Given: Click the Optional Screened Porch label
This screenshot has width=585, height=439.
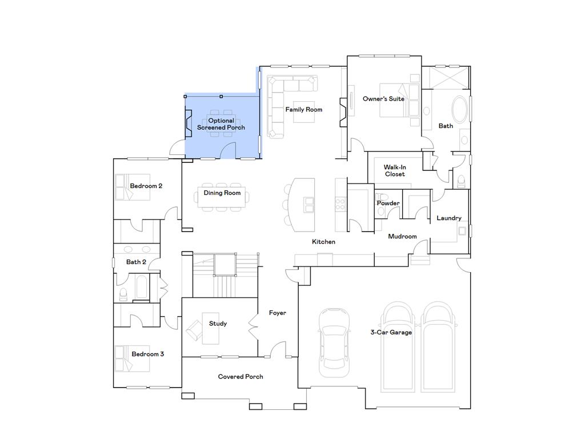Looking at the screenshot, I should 221,124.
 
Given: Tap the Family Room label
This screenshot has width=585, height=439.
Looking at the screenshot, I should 304,109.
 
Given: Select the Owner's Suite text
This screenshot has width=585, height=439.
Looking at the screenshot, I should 383,99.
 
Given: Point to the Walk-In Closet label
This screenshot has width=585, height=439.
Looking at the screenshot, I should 394,171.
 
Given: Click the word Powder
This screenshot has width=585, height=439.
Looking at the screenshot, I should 388,203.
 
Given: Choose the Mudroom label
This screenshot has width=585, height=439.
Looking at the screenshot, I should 402,236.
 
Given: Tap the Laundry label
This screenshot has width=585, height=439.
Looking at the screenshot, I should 448,218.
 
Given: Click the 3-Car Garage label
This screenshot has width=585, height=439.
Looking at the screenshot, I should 391,332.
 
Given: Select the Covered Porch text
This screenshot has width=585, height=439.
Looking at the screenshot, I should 241,377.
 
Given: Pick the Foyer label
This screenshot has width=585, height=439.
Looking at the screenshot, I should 278,313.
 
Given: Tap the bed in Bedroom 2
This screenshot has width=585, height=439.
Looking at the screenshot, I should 131,187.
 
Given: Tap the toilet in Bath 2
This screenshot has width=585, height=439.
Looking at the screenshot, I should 123,294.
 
